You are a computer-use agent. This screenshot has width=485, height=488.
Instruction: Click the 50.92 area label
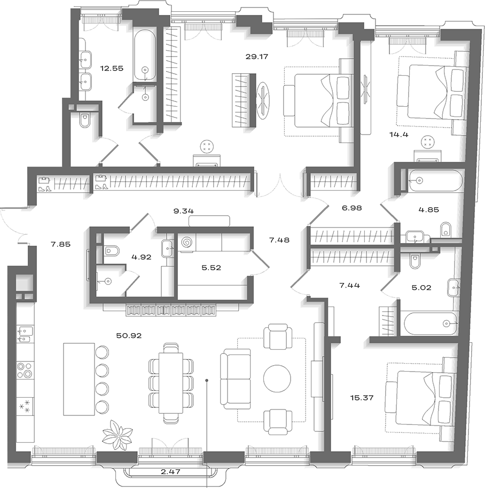(129, 335)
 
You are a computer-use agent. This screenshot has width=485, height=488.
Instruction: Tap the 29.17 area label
(257, 57)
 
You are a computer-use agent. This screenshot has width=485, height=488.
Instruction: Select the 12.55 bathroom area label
(112, 68)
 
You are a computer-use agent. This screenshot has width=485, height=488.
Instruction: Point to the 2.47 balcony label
(170, 471)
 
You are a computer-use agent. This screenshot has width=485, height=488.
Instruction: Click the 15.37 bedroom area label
(362, 398)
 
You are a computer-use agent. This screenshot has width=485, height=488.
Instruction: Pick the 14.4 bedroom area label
(399, 135)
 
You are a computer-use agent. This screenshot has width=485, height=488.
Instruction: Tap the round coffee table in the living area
(277, 379)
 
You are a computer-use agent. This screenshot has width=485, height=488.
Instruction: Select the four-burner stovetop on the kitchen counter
(25, 369)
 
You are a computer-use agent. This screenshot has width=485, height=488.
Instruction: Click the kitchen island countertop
(79, 379)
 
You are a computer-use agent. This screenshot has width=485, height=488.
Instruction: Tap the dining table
(171, 383)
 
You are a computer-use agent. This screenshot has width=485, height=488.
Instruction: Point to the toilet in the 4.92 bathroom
(112, 250)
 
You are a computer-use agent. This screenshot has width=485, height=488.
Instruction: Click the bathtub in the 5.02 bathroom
(430, 324)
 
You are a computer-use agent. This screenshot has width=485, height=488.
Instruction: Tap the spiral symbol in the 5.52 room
(187, 242)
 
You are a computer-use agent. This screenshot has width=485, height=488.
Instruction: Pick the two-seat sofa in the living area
(236, 379)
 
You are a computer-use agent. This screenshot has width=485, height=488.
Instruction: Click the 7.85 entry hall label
(61, 245)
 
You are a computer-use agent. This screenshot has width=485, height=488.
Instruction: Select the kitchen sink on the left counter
(25, 334)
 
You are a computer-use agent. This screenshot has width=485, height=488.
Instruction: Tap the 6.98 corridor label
(352, 208)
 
